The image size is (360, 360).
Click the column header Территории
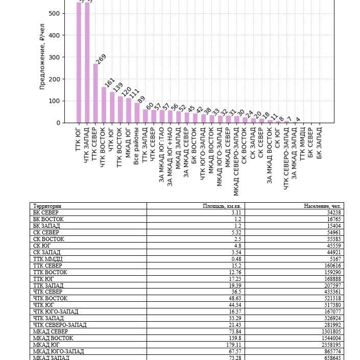coord(47,206)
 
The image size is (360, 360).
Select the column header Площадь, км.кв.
coord(222,206)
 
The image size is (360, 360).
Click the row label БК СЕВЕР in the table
coord(46,212)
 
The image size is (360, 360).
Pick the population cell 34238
coord(332,212)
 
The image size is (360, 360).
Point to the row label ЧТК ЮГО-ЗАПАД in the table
coord(56,311)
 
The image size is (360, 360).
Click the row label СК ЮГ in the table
coord(42,246)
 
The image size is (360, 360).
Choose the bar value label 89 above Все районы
coord(141,99)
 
